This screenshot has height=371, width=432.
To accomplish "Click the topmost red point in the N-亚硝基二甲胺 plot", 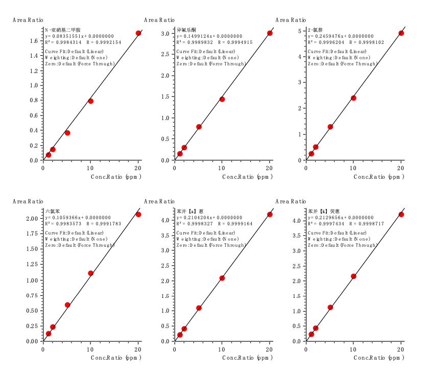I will (x=138, y=33).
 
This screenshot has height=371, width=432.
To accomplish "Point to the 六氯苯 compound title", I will (x=53, y=211).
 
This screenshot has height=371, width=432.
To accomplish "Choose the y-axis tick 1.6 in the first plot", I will (x=35, y=41).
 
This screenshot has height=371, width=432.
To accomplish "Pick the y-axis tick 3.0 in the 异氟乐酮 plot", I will (x=166, y=34).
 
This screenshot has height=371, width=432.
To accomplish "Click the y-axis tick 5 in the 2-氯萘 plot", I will (x=300, y=31).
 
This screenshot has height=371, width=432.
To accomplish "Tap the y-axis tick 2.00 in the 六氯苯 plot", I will (x=32, y=219).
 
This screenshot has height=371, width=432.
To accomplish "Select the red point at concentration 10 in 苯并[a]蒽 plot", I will (x=222, y=278).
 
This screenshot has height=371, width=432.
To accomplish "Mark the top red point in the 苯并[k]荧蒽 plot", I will (x=401, y=215).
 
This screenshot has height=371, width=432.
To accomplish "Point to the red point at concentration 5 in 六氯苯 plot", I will (x=67, y=305).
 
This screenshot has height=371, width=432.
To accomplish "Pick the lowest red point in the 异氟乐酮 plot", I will (x=180, y=154).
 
